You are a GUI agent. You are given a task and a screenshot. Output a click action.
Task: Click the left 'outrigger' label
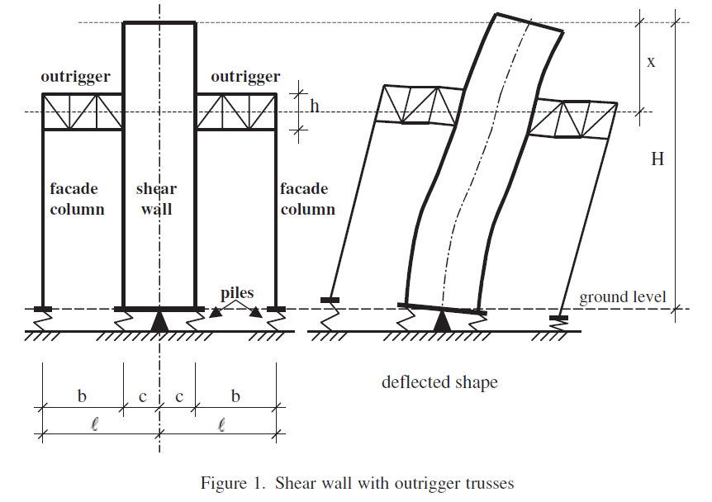pos(76,77)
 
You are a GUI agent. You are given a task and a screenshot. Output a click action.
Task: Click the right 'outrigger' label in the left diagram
pos(245,77)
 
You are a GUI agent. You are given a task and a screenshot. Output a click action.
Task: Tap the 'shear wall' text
pos(156,199)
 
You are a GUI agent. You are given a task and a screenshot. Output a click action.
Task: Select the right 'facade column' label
pos(307,199)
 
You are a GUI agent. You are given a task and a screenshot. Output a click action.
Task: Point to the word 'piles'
pos(237,293)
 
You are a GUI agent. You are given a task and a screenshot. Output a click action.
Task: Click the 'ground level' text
pos(621,297)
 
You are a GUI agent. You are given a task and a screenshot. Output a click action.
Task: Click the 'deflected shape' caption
pos(439,382)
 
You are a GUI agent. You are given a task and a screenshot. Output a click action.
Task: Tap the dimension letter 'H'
pos(657,159)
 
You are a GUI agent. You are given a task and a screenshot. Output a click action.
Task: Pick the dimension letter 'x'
pos(651,62)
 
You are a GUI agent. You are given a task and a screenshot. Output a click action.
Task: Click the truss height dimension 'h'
pos(314,106)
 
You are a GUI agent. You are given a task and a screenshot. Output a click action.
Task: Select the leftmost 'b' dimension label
pos(82,397)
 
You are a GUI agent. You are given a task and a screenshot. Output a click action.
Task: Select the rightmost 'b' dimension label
pos(235,397)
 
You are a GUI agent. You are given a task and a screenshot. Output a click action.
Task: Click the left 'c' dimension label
pos(142,397)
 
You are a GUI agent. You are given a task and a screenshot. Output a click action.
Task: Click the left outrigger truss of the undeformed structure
pos(83,111)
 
